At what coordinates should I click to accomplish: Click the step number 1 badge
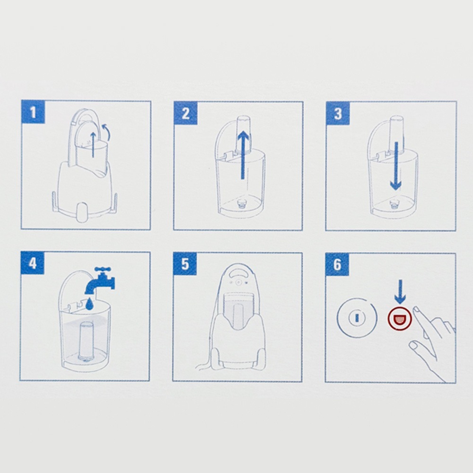(x=33, y=112)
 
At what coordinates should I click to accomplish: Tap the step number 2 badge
(x=185, y=113)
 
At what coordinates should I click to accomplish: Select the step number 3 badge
(x=338, y=113)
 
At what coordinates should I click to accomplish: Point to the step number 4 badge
(x=32, y=263)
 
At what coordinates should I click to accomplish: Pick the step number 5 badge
(x=184, y=264)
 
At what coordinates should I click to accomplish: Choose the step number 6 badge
(x=337, y=264)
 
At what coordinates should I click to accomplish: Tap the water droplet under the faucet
(x=89, y=304)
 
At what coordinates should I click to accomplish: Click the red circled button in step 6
(x=399, y=318)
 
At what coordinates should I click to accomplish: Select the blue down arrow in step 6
(x=400, y=291)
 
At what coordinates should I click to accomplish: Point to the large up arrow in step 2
(x=243, y=155)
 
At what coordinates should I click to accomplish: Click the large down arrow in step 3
(x=396, y=166)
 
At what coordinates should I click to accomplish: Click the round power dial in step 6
(x=357, y=318)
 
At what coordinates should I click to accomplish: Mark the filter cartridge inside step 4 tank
(x=87, y=342)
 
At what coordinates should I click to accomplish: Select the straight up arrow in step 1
(x=93, y=144)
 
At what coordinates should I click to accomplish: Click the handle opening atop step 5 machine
(x=238, y=272)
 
